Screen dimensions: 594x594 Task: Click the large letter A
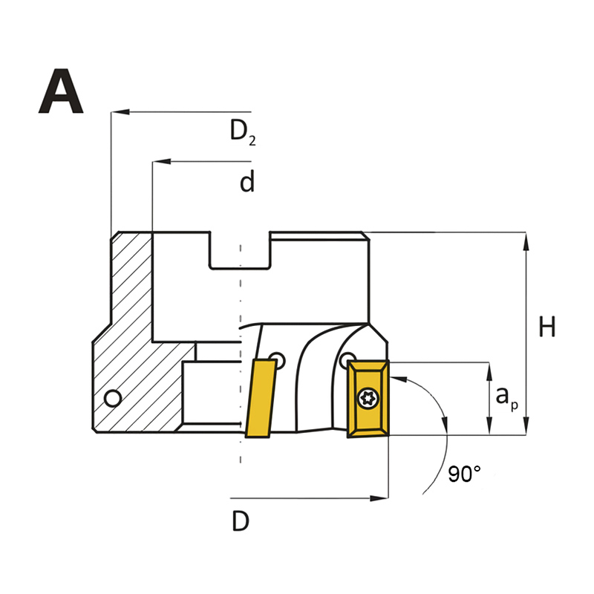61,91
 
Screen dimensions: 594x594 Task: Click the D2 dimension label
243,132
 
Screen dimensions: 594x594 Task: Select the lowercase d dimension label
247,181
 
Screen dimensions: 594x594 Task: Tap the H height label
547,327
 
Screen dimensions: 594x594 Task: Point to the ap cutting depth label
507,398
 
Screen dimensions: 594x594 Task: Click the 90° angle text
465,474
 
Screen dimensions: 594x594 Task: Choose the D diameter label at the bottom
241,521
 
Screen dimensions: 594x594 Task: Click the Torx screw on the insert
368,398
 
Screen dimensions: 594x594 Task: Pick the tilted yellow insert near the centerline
261,399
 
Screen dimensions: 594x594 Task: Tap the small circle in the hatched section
113,399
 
